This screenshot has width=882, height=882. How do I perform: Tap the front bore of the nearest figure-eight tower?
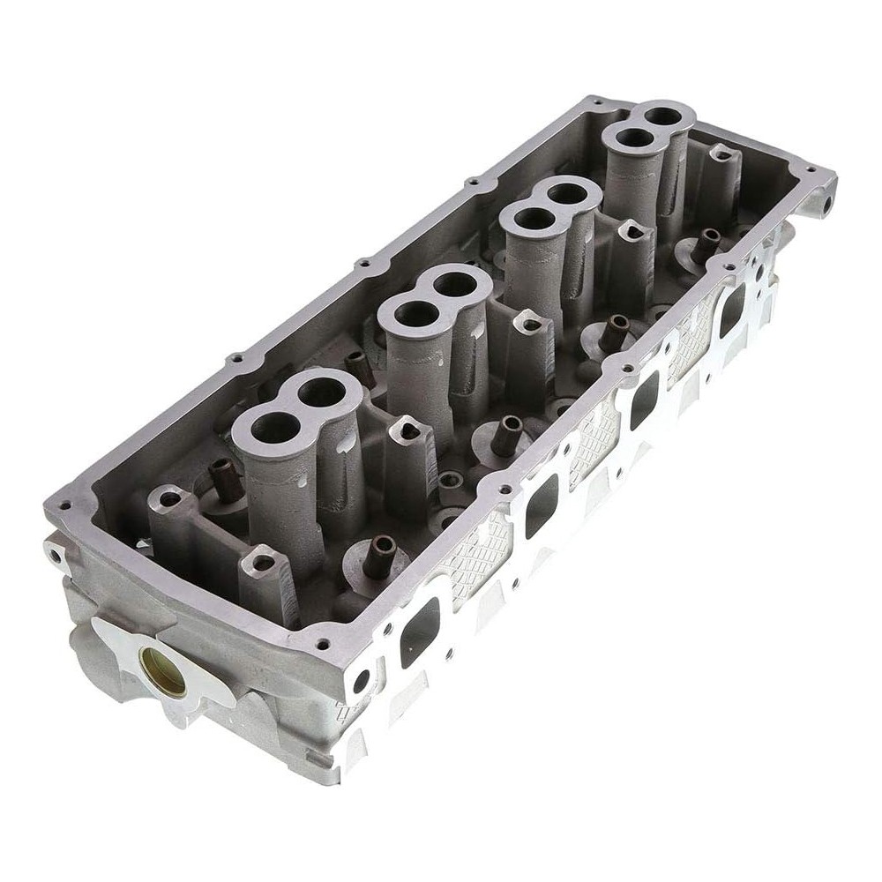pyautogui.click(x=275, y=428)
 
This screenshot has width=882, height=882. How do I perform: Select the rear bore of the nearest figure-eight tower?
pyautogui.click(x=323, y=391)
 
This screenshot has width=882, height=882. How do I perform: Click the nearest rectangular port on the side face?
pyautogui.click(x=420, y=631)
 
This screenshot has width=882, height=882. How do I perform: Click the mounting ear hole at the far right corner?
pyautogui.click(x=827, y=201)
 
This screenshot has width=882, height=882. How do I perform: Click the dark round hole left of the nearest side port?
pyautogui.click(x=361, y=682)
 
